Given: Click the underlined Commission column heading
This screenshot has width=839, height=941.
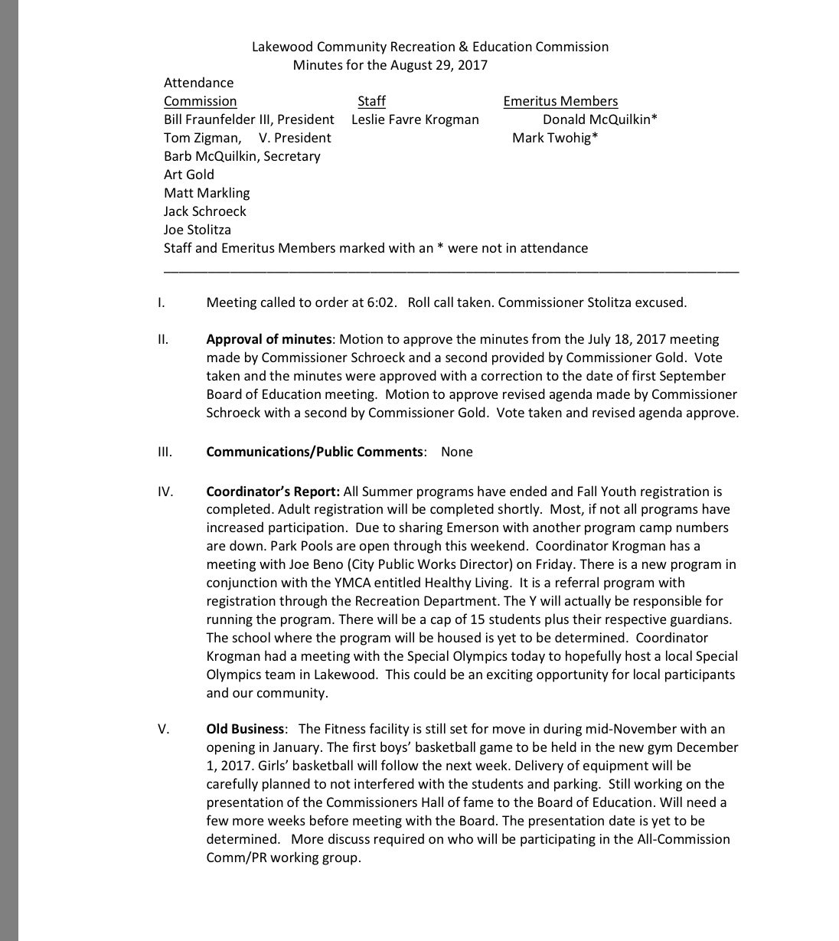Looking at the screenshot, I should click(200, 101).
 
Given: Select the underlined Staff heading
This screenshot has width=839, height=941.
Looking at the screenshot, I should click(371, 101).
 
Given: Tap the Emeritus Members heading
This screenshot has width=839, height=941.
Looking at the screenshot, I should click(560, 101).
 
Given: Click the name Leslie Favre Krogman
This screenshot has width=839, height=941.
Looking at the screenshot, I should click(415, 119).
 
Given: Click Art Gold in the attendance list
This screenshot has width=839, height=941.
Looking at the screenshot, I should click(188, 175).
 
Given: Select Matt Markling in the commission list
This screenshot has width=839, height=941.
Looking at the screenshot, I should click(207, 193).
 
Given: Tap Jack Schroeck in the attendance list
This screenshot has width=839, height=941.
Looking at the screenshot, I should click(204, 211).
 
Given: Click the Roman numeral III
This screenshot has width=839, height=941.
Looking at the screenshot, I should click(164, 452).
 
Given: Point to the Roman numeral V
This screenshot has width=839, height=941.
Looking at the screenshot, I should click(163, 729).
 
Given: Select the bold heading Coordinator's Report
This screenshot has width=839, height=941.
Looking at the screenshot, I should click(273, 492).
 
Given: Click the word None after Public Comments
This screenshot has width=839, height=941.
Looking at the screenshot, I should click(457, 452).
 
